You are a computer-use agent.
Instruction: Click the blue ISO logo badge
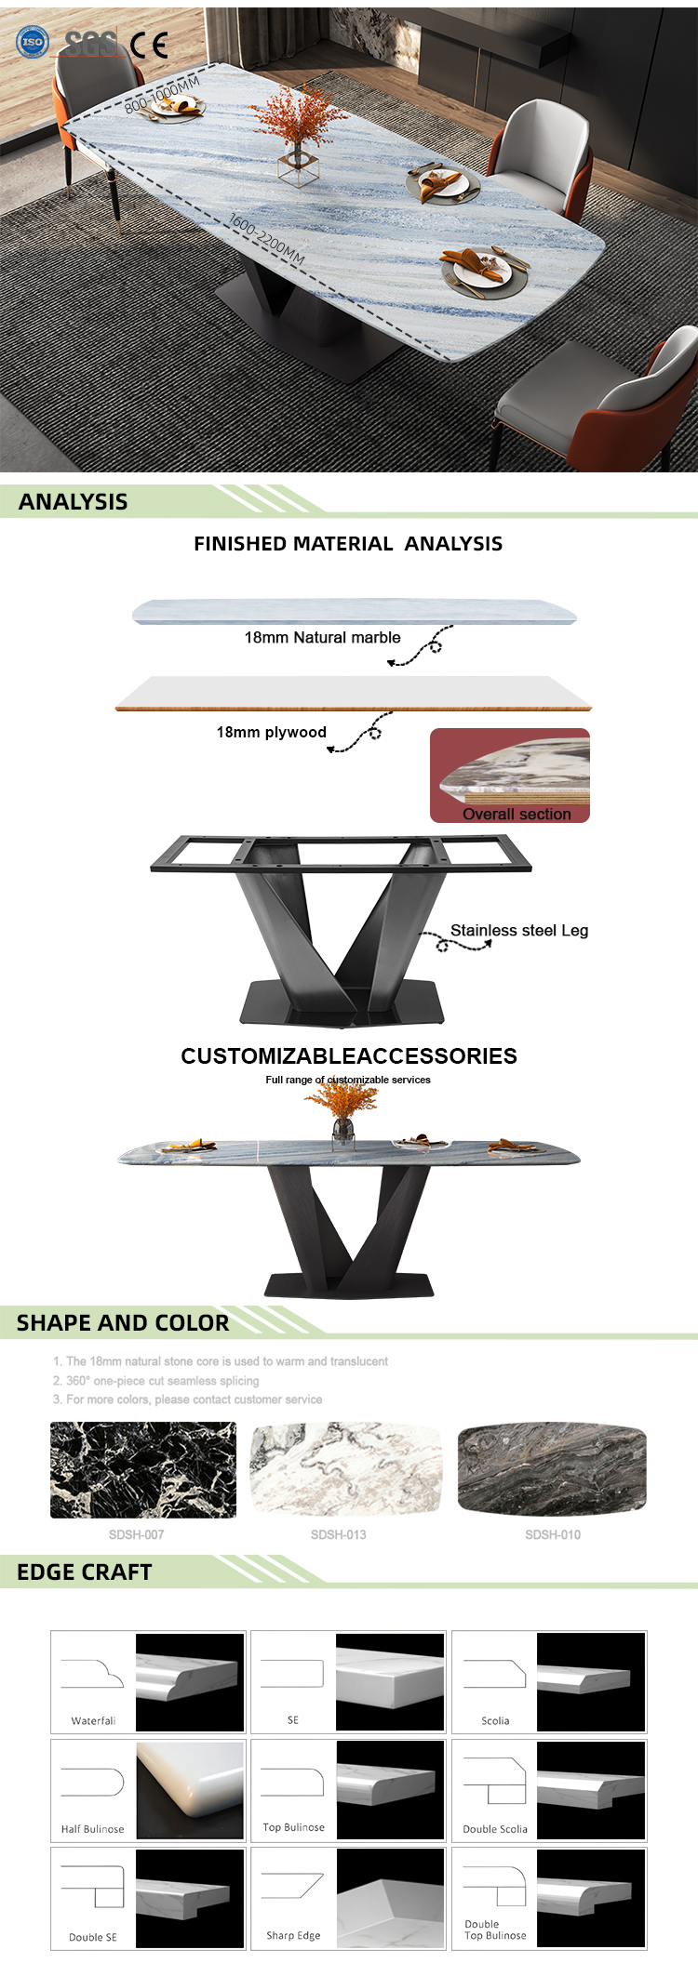[33, 42]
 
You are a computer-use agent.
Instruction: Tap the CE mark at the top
[149, 44]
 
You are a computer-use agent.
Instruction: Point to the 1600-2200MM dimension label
[266, 239]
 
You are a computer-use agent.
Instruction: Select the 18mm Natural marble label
[322, 638]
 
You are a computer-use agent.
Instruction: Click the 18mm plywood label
[271, 733]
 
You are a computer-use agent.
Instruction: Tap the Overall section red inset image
[510, 776]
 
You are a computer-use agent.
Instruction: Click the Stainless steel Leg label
[518, 931]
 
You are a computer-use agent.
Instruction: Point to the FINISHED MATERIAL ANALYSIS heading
[348, 544]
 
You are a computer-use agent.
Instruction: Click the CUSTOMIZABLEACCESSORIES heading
[349, 1056]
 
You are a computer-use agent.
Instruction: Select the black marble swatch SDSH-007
[143, 1470]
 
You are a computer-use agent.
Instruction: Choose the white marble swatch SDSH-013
[346, 1470]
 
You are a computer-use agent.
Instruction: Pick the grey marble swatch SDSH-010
[552, 1469]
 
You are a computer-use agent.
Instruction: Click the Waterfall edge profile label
[93, 1721]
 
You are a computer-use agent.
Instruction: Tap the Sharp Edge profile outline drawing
[292, 1887]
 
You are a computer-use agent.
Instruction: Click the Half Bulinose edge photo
[190, 1790]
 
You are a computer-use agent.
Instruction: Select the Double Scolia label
[495, 1829]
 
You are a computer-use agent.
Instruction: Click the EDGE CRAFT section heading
[85, 1572]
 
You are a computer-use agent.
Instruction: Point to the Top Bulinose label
[294, 1827]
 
